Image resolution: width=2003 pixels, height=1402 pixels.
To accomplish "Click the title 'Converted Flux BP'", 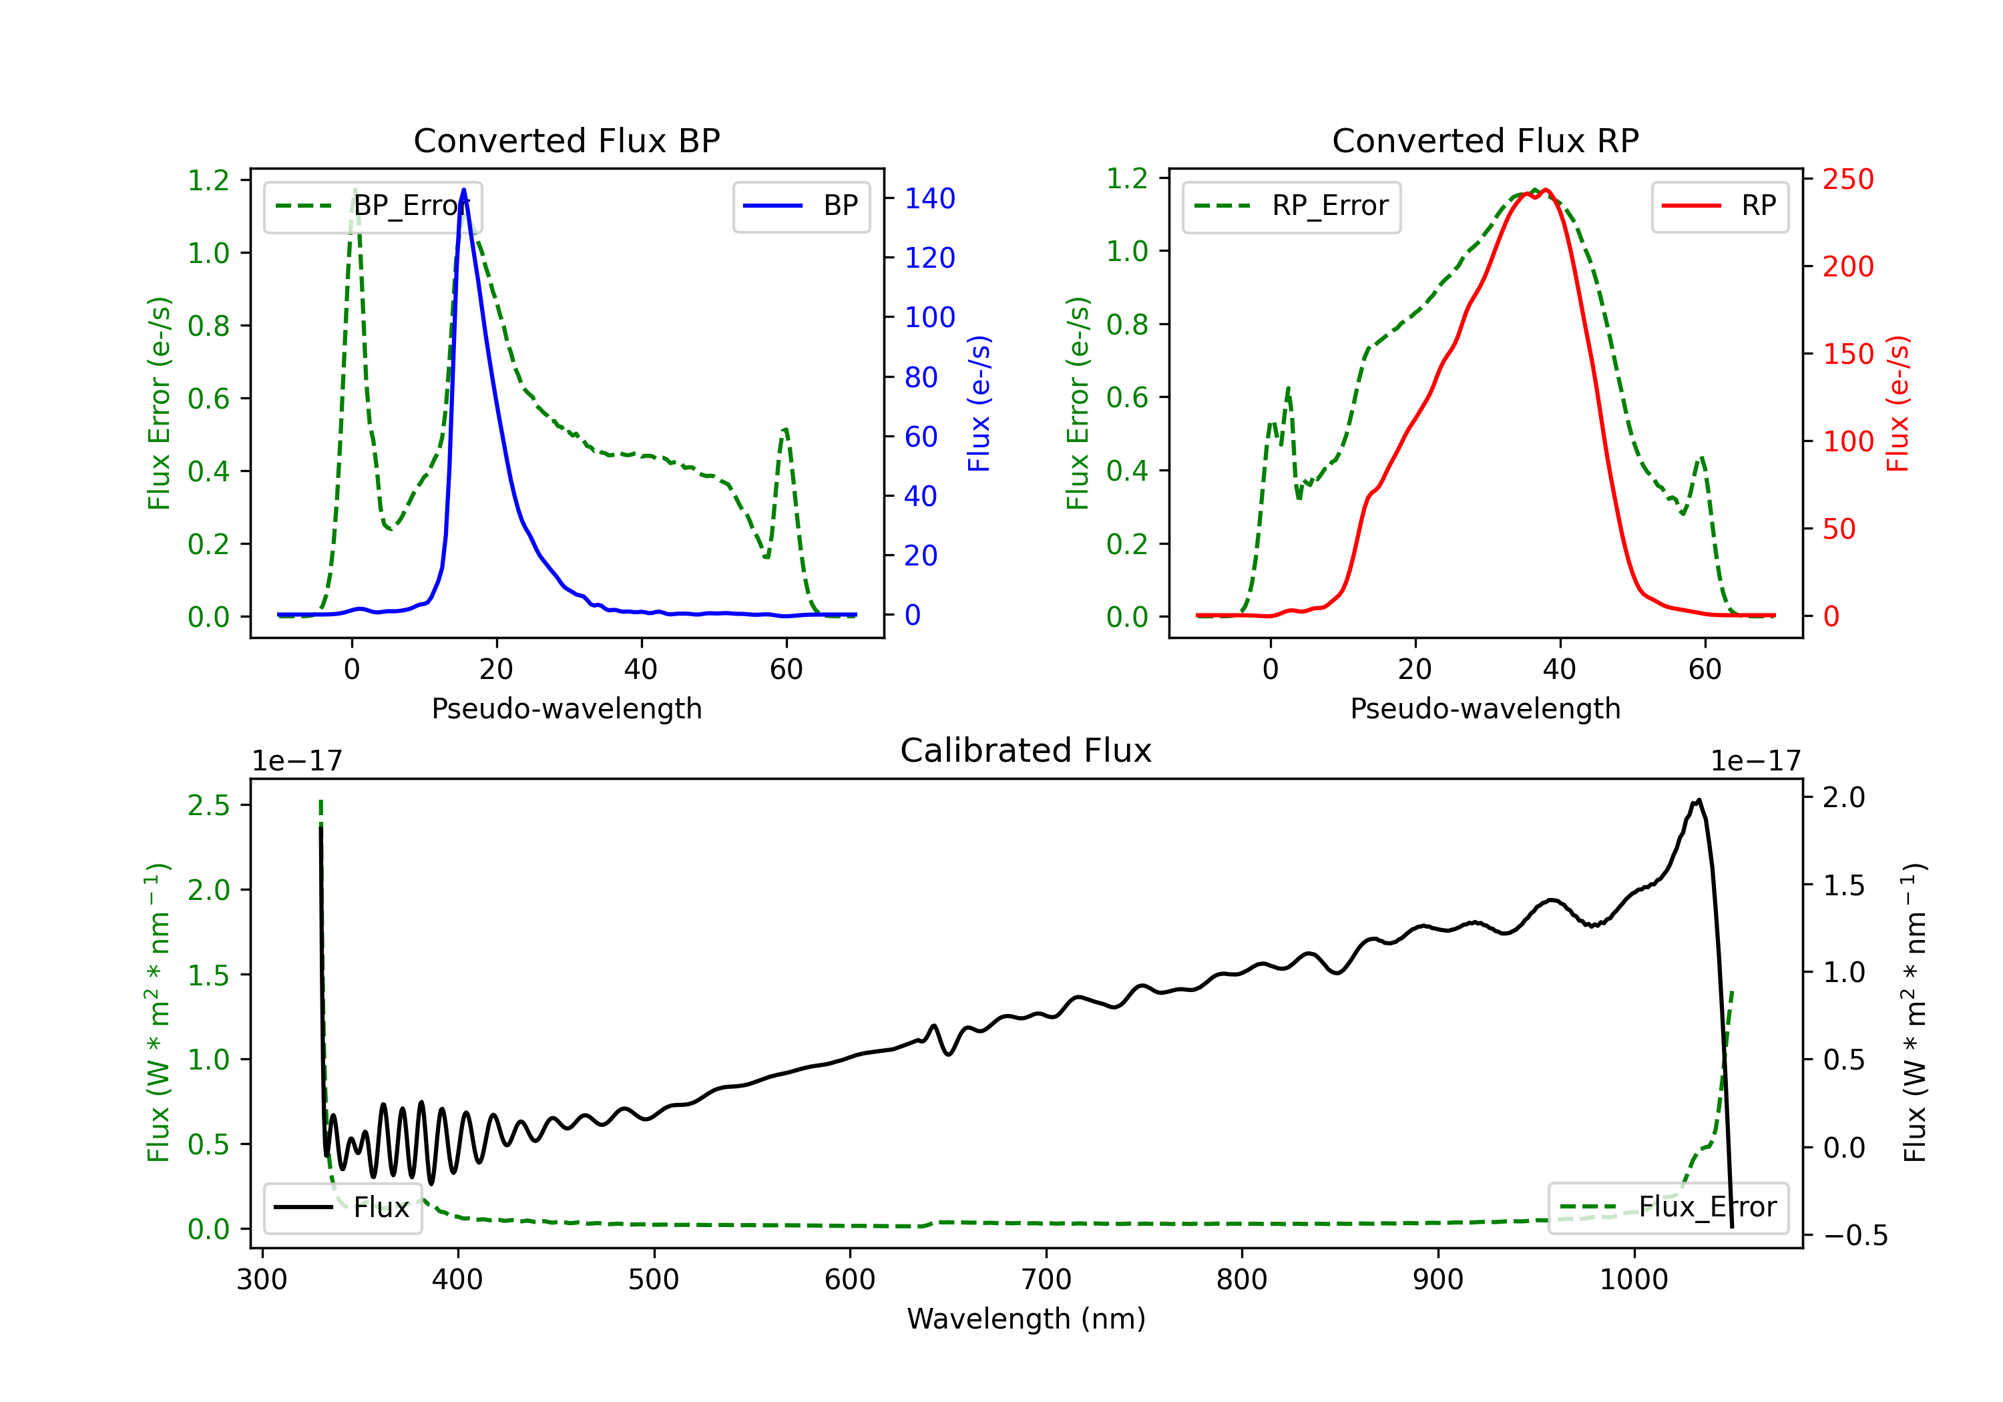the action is coord(566,140).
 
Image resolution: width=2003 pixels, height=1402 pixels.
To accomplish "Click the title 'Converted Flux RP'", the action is coord(1485,140).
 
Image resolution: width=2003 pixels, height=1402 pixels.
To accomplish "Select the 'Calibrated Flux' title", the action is coord(1026,750).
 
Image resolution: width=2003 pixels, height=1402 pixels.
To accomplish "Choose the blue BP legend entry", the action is coord(801,206).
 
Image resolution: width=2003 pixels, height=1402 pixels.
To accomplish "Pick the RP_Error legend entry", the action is coord(1291,206).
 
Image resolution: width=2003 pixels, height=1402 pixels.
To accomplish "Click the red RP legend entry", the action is coord(1719,206).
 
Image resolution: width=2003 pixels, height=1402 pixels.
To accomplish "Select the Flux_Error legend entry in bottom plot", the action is coord(1668,1208).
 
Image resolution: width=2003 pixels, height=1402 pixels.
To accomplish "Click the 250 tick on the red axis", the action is coord(1847,180).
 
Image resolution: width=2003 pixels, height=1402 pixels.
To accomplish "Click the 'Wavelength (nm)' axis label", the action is coord(1026,1319).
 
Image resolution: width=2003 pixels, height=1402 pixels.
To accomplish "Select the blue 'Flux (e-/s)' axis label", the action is coord(979,403).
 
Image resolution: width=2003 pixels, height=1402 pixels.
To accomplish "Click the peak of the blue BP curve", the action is coord(463,190).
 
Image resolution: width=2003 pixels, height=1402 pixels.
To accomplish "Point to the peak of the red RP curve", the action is coord(1546,190).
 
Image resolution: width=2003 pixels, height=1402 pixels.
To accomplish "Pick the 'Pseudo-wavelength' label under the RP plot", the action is coord(1485,708).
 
